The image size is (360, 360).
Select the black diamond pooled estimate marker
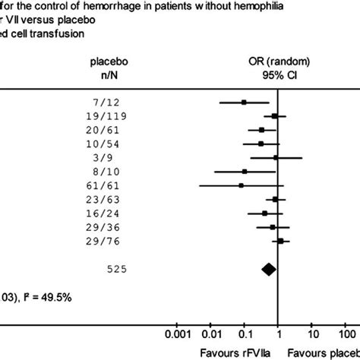point(268,268)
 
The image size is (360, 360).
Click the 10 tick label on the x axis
point(311,333)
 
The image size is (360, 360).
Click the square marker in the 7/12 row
point(244,102)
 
